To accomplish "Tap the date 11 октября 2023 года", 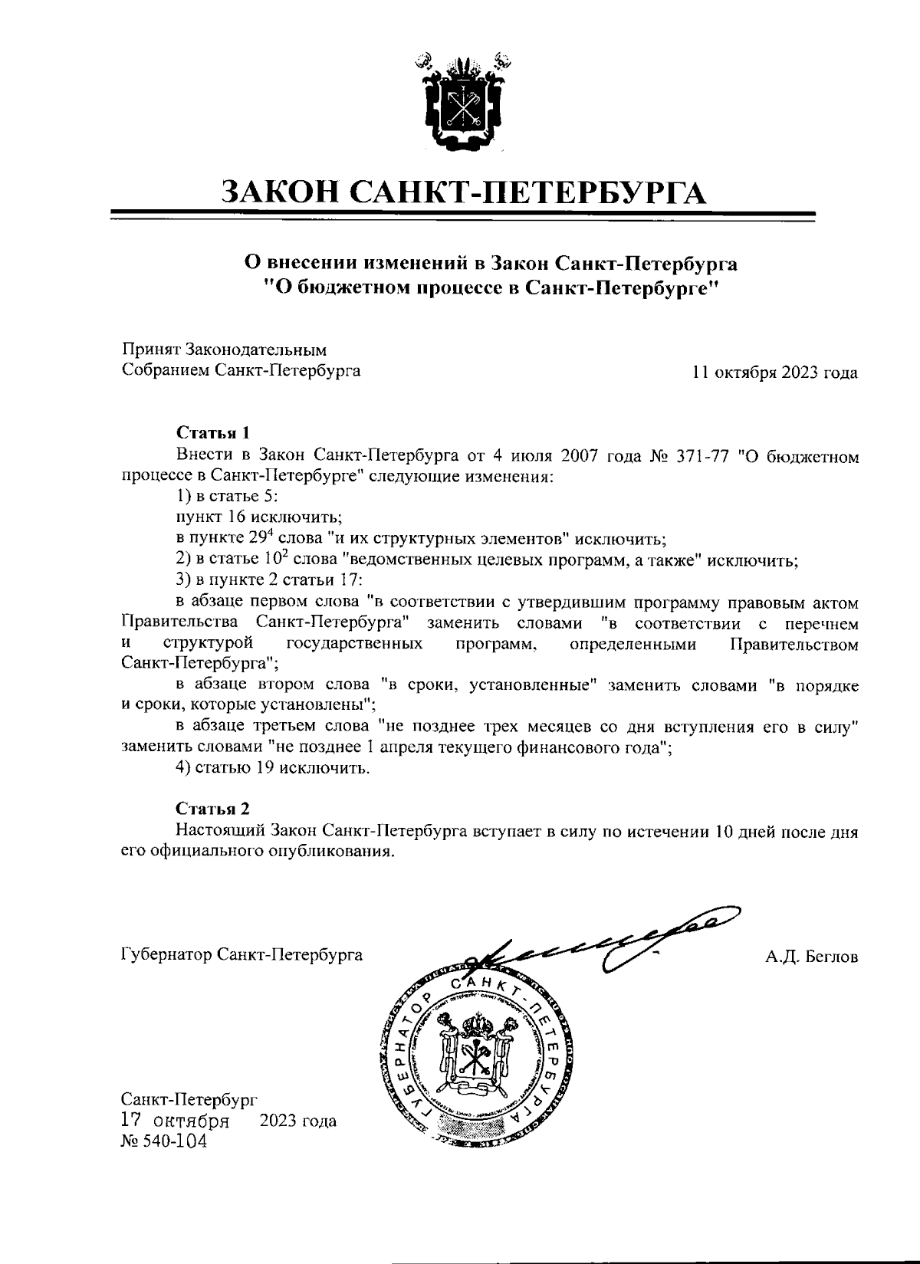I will (774, 373).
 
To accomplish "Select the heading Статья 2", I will (212, 809).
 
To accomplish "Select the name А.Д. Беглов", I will (811, 957).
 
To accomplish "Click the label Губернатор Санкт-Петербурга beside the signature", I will (242, 955).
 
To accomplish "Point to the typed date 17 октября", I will (176, 1121).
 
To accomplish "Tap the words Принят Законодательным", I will (225, 350).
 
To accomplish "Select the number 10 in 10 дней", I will (724, 831).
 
